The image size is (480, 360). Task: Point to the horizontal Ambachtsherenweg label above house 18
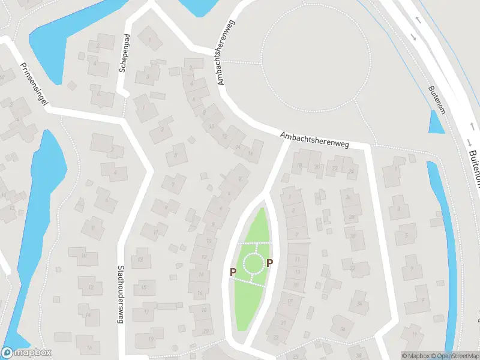point(314,139)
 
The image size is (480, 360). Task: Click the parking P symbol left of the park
point(233,272)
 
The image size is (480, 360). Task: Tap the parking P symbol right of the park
point(270,263)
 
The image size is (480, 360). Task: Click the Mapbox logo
point(26,353)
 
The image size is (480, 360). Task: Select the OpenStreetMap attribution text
point(454,356)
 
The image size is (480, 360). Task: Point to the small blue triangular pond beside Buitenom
point(436,122)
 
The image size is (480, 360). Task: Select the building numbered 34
point(359,303)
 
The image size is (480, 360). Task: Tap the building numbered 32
point(353,267)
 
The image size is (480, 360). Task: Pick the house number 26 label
point(348,197)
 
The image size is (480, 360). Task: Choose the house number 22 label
point(335,167)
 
